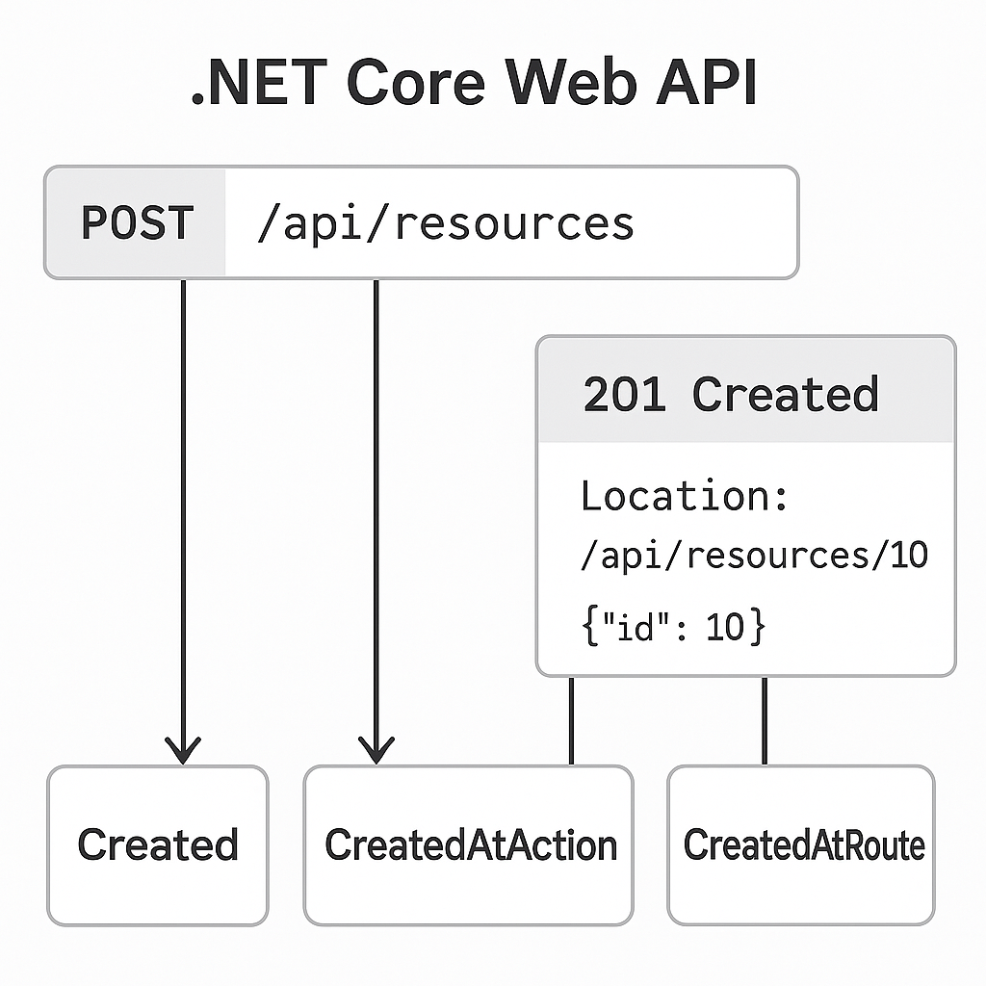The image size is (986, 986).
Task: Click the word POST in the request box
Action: pyautogui.click(x=137, y=223)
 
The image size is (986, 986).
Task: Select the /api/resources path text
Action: pyautogui.click(x=445, y=223)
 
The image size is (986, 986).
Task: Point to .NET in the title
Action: pyautogui.click(x=259, y=85)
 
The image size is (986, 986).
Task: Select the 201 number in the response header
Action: pyautogui.click(x=625, y=395)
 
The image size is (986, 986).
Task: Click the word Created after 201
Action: pyautogui.click(x=785, y=395)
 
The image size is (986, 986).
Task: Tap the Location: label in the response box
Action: pyautogui.click(x=685, y=497)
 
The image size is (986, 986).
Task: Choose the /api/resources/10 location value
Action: pyautogui.click(x=753, y=557)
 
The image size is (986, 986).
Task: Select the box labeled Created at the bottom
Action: pyautogui.click(x=158, y=844)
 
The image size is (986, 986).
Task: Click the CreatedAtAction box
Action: pyautogui.click(x=469, y=844)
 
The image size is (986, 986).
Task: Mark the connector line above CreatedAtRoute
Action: pyautogui.click(x=765, y=720)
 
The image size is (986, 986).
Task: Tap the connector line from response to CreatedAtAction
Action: pyautogui.click(x=571, y=720)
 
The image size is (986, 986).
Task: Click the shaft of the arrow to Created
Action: pyautogui.click(x=183, y=501)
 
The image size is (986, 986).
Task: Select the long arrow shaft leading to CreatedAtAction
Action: pyautogui.click(x=376, y=501)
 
